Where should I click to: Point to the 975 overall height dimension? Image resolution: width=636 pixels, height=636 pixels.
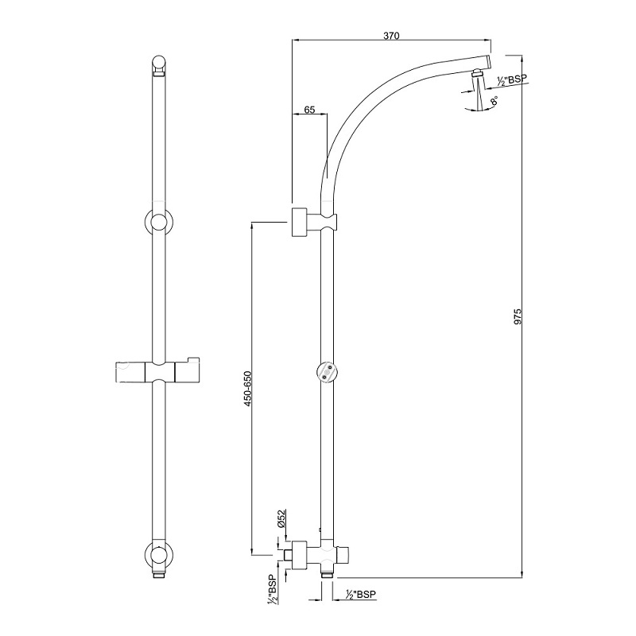click(x=518, y=317)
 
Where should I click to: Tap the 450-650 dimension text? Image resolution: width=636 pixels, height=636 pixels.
click(x=247, y=390)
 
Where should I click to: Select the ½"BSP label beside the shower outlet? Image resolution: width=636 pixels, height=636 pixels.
click(x=511, y=79)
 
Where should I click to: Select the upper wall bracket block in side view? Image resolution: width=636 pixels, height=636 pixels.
click(x=301, y=222)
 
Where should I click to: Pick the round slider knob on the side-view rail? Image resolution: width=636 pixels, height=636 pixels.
click(x=326, y=371)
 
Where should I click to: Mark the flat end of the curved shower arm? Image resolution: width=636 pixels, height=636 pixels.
click(x=489, y=62)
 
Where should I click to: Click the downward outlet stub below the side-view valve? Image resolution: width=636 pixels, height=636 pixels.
click(x=327, y=571)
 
